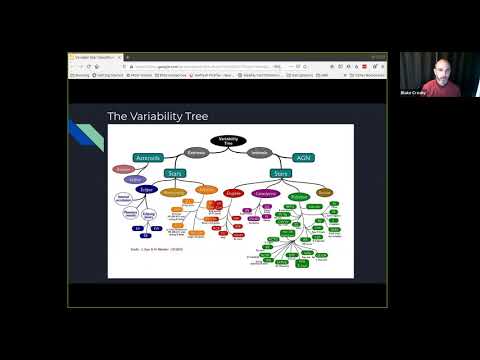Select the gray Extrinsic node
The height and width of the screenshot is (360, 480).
click(197, 153)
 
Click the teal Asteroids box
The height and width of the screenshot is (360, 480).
click(149, 158)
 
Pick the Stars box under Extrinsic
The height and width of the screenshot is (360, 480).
click(174, 172)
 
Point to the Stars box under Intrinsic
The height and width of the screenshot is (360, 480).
click(280, 172)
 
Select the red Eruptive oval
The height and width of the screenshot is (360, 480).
click(236, 190)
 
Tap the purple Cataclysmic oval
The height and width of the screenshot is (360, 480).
click(265, 190)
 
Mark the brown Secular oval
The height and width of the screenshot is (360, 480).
click(325, 190)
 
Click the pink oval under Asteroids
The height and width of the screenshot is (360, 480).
click(124, 170)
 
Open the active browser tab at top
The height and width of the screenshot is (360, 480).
click(95, 57)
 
